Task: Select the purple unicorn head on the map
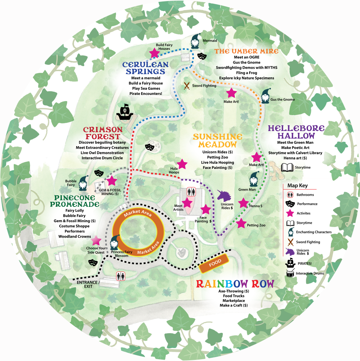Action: [x=225, y=196]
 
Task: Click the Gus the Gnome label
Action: [x=282, y=99]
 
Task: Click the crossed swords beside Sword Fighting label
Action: [x=187, y=86]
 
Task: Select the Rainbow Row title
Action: [x=235, y=283]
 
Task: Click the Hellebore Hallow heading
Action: [x=296, y=132]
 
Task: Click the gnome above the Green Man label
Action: [x=255, y=179]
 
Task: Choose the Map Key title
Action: [x=297, y=186]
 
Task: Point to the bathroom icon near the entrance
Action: [x=121, y=276]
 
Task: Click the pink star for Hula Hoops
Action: [x=182, y=164]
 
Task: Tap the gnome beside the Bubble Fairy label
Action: [x=83, y=183]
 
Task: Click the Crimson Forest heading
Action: [x=103, y=133]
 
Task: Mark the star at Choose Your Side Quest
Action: [x=96, y=240]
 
